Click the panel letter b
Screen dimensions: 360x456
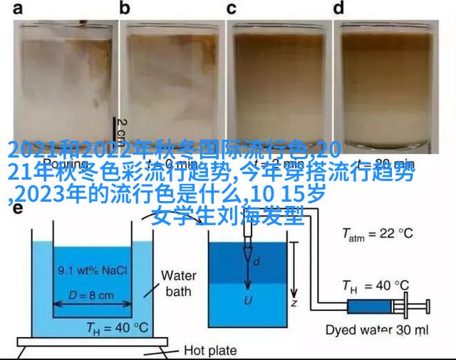pyautogui.click(x=125, y=9)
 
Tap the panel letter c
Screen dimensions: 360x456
pyautogui.click(x=232, y=9)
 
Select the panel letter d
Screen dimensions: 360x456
pyautogui.click(x=339, y=9)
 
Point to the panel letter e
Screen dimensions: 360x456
pyautogui.click(x=16, y=210)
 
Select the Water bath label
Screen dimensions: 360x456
pyautogui.click(x=178, y=283)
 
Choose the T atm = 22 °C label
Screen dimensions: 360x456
pyautogui.click(x=378, y=234)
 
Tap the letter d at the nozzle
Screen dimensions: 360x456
pyautogui.click(x=257, y=262)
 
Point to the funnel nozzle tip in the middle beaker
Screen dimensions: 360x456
pyautogui.click(x=248, y=256)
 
